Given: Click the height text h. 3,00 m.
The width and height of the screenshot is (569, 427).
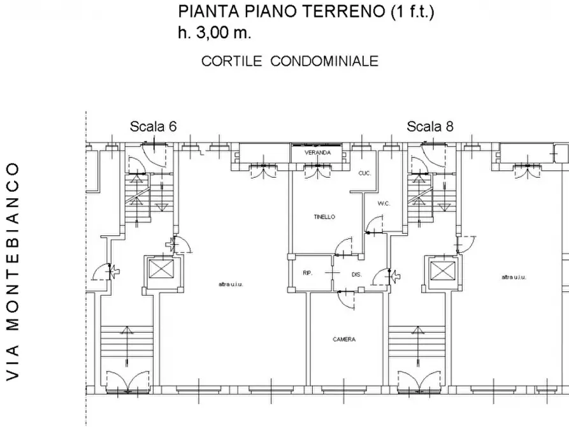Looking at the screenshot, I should click(215, 33).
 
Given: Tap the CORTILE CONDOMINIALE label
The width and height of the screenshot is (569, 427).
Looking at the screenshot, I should click(290, 61).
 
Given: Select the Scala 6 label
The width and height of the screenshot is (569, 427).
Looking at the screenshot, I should click(153, 126).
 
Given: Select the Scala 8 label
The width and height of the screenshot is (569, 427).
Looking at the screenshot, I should click(430, 126).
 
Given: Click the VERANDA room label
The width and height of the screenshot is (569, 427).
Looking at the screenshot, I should click(317, 154).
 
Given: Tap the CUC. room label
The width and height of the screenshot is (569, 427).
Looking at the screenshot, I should click(364, 173).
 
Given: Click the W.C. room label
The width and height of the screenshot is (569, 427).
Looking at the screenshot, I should click(384, 204).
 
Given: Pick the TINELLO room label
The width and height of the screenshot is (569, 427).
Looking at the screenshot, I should click(324, 217).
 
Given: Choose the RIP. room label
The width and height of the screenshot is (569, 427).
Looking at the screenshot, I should click(307, 273).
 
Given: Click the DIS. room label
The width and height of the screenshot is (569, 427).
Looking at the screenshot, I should click(356, 274).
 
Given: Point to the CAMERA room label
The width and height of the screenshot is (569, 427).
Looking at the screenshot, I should click(344, 340).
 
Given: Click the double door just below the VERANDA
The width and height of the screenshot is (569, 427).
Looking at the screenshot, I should click(317, 171).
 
